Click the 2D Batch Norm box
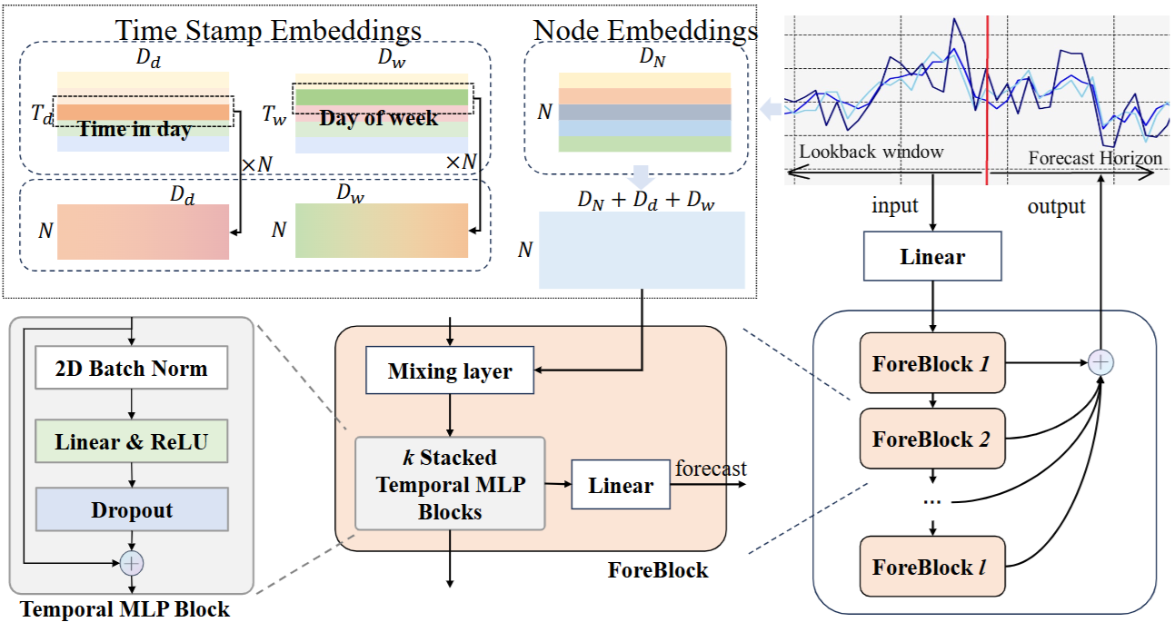click(x=131, y=368)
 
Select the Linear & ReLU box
click(x=131, y=441)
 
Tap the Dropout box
click(x=132, y=509)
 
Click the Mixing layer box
click(x=450, y=370)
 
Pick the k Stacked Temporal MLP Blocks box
click(x=450, y=484)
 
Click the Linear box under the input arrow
click(x=932, y=256)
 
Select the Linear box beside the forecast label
click(x=621, y=485)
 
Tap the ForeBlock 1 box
click(x=932, y=362)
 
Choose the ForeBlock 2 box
click(x=932, y=439)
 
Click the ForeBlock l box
click(x=932, y=567)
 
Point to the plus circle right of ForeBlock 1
click(x=1100, y=362)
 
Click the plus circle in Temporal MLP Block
click(x=132, y=563)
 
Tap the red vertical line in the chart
click(x=987, y=100)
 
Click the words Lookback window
click(x=871, y=152)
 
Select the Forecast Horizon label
click(x=1095, y=158)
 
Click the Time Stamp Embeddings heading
click(x=268, y=30)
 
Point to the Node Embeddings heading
click(x=645, y=30)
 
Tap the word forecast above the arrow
click(x=711, y=468)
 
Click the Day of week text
click(x=378, y=118)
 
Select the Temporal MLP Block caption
click(x=124, y=609)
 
